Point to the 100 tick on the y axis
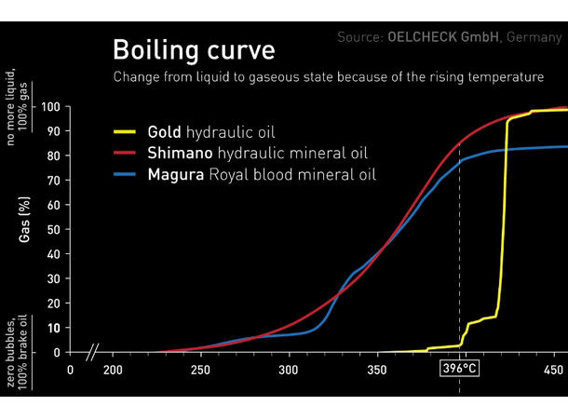point(50,107)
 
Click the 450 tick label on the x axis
point(553,370)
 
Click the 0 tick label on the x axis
point(70,370)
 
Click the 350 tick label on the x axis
point(377,370)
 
